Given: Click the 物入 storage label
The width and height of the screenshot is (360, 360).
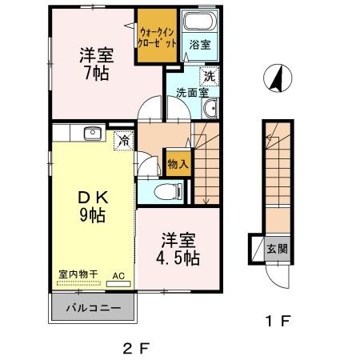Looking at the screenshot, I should [178, 164].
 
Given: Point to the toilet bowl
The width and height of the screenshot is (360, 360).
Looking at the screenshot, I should [162, 190].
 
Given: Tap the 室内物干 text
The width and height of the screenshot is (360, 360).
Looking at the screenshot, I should [78, 274].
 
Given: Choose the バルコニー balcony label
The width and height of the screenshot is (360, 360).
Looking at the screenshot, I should [94, 308].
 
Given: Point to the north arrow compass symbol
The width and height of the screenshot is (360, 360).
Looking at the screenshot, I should [278, 78].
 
